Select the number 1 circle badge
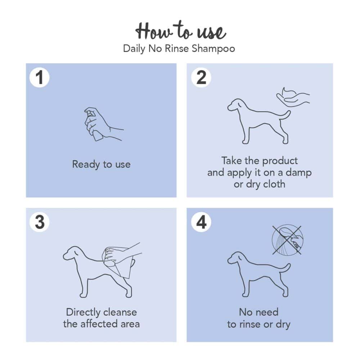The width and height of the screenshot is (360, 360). [40, 77]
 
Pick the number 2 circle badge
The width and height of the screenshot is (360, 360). [201, 77]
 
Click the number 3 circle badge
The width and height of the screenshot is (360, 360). [40, 222]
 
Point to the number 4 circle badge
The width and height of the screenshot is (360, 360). [201, 222]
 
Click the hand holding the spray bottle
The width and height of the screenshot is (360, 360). [103, 124]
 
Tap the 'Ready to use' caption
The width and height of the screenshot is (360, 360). [101, 165]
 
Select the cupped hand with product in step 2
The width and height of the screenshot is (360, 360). [293, 97]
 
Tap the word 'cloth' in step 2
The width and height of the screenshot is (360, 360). [274, 184]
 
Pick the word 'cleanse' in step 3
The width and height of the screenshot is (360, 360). [120, 312]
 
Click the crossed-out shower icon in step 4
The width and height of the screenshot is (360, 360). [287, 240]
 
